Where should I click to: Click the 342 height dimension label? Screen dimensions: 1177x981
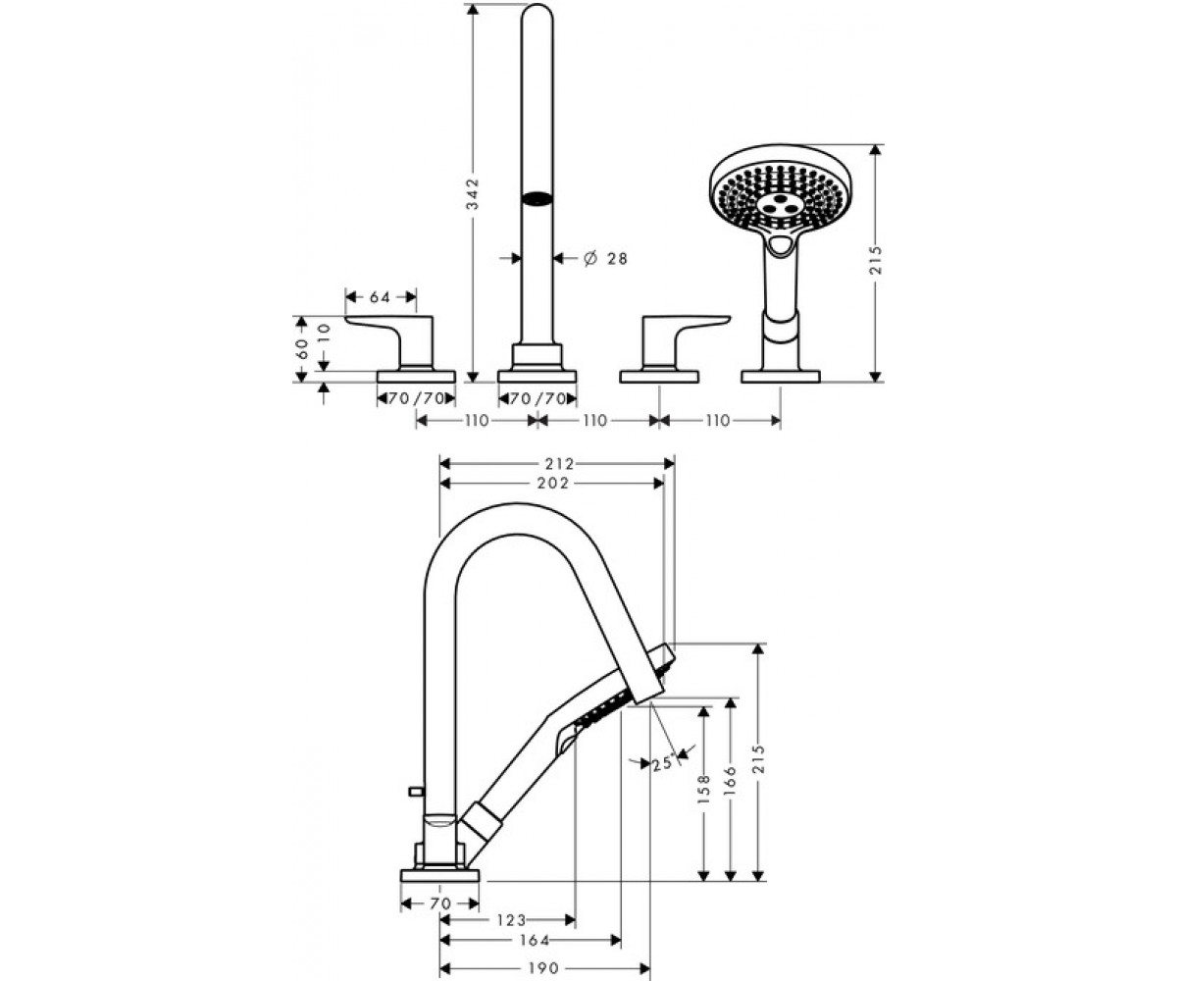click(474, 193)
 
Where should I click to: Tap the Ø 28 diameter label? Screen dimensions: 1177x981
click(605, 258)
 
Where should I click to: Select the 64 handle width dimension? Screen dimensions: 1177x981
click(380, 296)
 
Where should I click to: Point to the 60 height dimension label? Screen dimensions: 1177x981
click(302, 348)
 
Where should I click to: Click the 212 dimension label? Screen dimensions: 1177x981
click(560, 463)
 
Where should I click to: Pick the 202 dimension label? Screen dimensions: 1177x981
click(553, 483)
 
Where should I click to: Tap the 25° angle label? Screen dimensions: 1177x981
click(664, 764)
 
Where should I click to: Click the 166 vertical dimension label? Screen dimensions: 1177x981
click(731, 780)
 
